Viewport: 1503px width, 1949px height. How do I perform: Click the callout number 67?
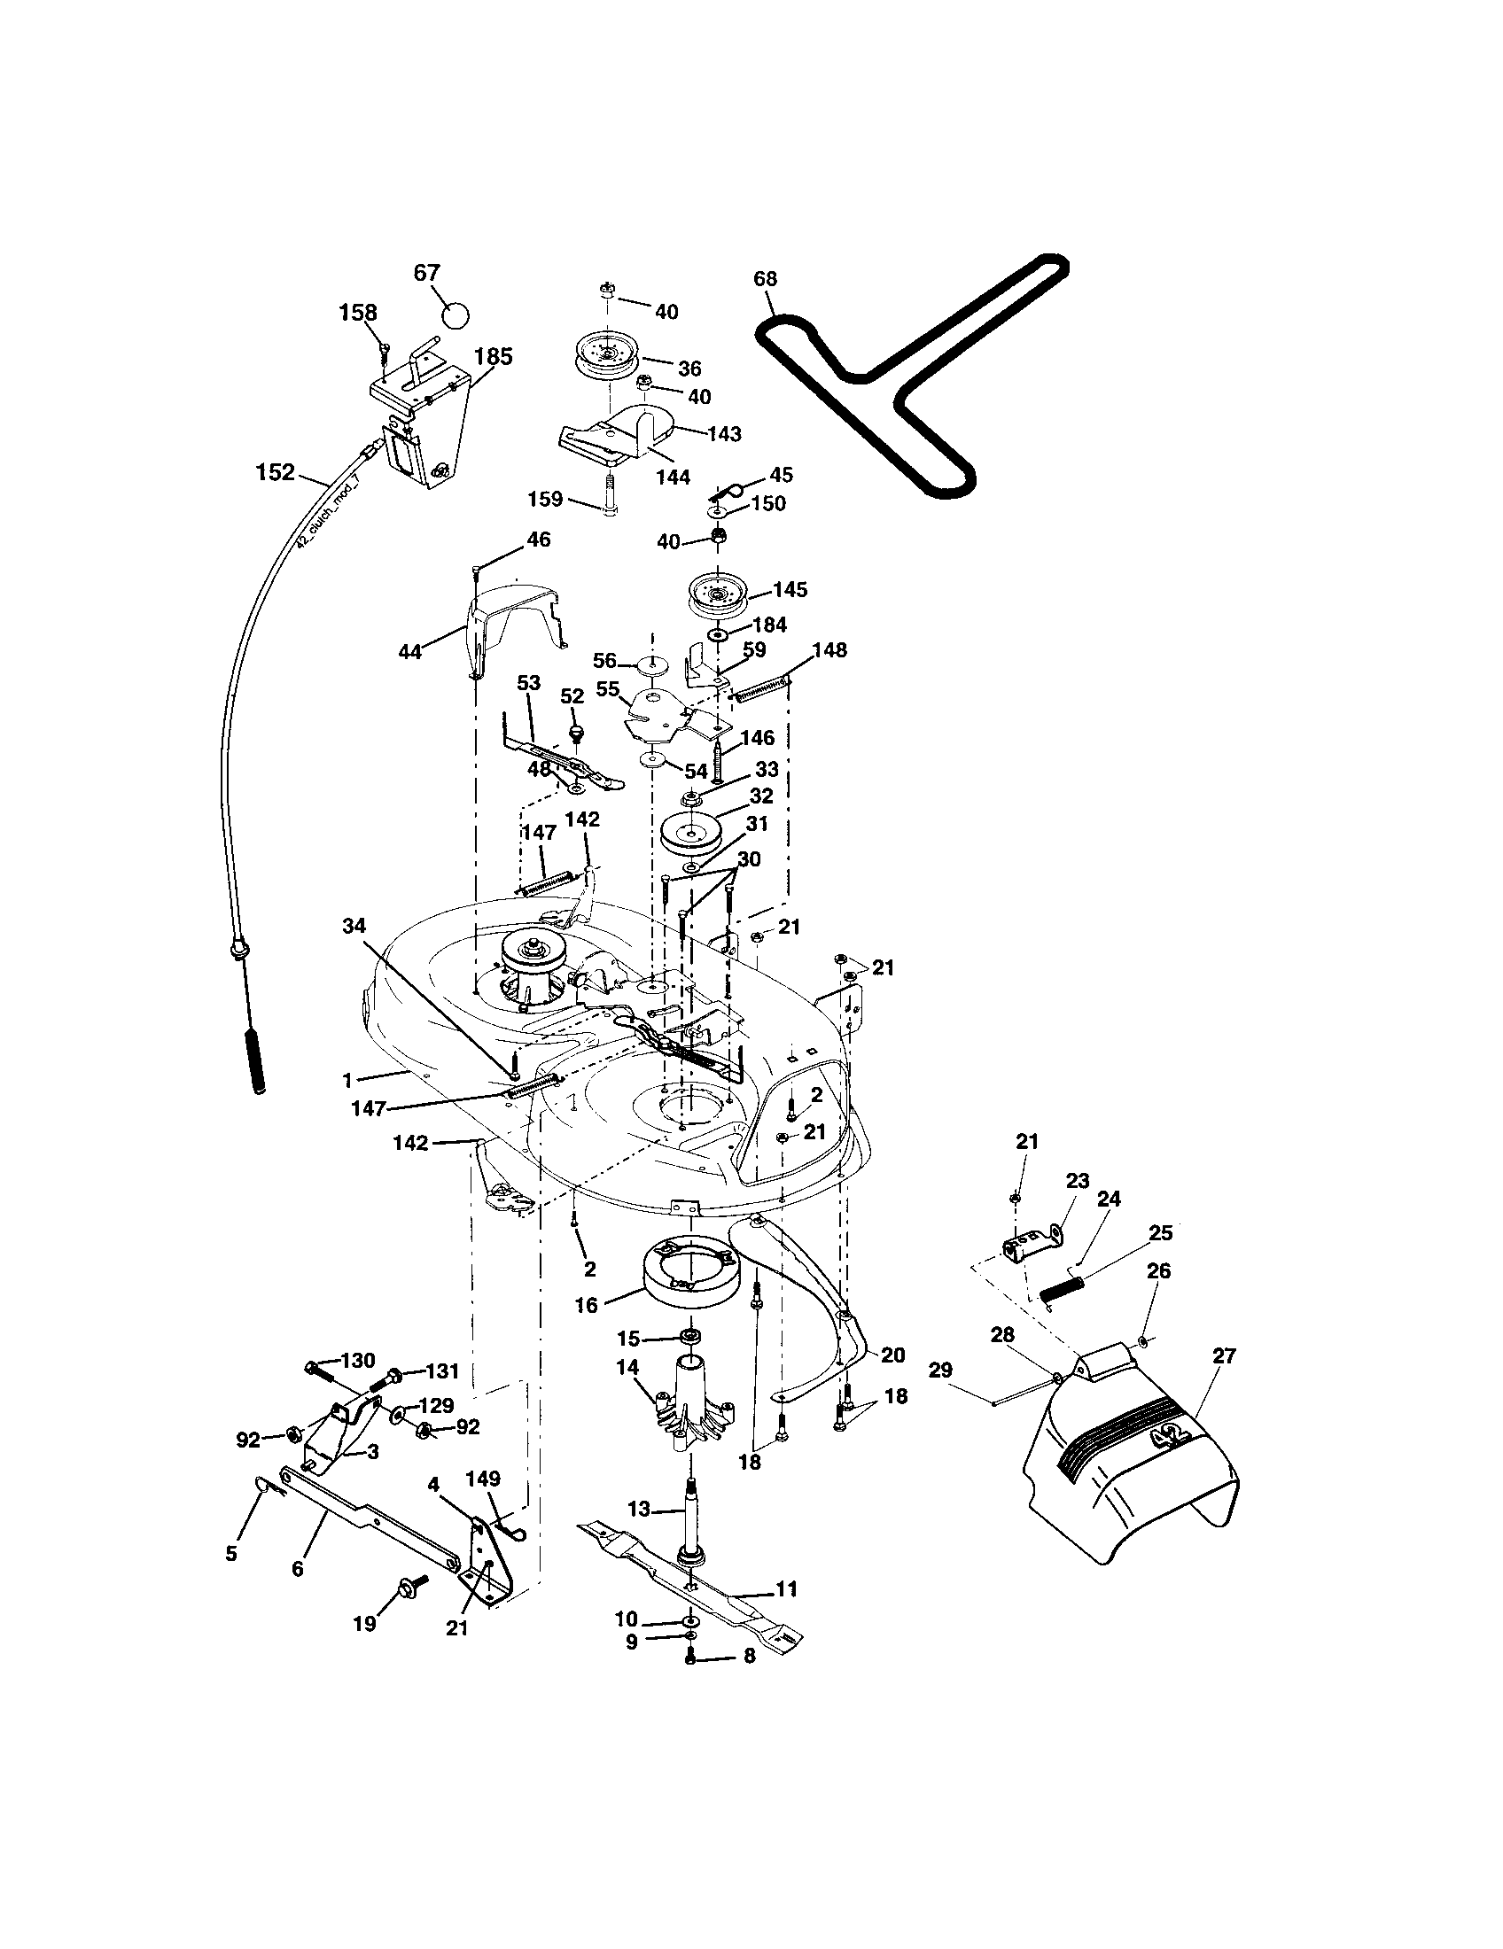tap(426, 273)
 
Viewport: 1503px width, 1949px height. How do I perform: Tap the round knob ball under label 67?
tap(456, 314)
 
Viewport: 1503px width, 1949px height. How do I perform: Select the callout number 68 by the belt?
tap(765, 278)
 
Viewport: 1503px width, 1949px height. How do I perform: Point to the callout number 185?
tap(493, 357)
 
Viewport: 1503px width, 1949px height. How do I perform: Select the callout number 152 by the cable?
tap(275, 472)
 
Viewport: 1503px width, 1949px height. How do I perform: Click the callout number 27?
tap(1224, 1355)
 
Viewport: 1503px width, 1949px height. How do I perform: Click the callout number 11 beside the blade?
tap(786, 1588)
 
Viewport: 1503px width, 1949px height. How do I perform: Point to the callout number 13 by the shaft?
tap(639, 1509)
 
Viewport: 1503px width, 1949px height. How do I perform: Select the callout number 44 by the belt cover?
tap(409, 652)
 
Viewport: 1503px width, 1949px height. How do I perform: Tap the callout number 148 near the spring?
tap(829, 649)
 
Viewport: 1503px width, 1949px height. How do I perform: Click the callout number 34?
tap(354, 927)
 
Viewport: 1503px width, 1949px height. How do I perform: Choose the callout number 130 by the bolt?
tap(357, 1360)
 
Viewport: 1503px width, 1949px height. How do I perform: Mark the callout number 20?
tap(892, 1355)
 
